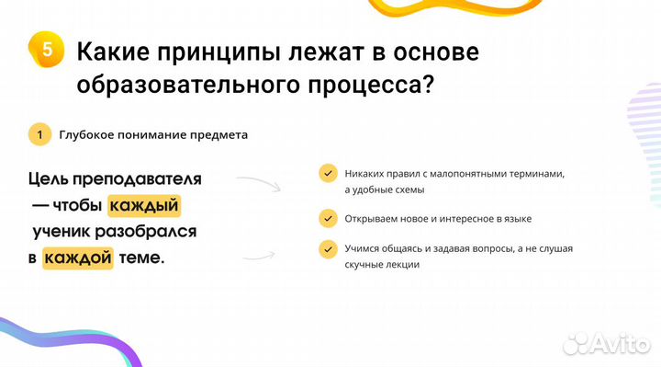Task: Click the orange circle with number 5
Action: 47,49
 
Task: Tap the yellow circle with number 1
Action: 39,134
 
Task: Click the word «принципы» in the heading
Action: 219,52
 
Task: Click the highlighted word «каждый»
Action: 143,204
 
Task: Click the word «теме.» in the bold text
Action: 141,258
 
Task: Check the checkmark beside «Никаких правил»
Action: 327,173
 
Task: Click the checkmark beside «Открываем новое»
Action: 327,219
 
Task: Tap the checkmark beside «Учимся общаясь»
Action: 327,249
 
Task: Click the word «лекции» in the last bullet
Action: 402,265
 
